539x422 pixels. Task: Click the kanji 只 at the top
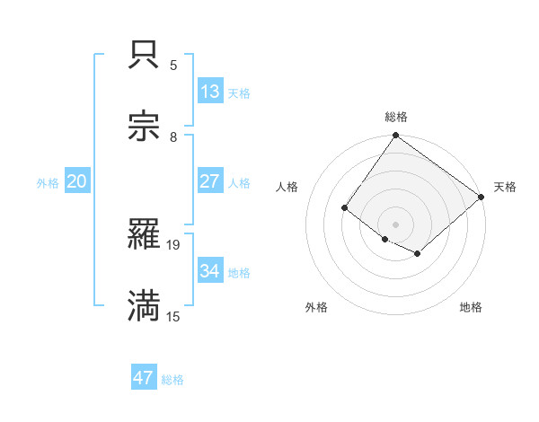[145, 56]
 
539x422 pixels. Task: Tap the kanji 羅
[145, 234]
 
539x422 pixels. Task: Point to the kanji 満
[145, 305]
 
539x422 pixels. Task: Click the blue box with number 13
[210, 92]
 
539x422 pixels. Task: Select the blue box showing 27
[210, 181]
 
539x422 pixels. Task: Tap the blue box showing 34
[210, 270]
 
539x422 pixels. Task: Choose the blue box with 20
[77, 181]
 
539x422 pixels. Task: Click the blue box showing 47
[144, 378]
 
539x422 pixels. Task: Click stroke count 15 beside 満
[173, 316]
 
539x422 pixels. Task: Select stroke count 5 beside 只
[173, 66]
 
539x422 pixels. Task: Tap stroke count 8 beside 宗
[173, 137]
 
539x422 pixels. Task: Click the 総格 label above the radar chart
[396, 117]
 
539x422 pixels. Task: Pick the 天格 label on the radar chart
[505, 187]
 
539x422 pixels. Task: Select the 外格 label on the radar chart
[316, 307]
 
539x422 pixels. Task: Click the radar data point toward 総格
[396, 136]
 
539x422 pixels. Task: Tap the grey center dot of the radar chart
[396, 224]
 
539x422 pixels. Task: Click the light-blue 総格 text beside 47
[172, 380]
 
